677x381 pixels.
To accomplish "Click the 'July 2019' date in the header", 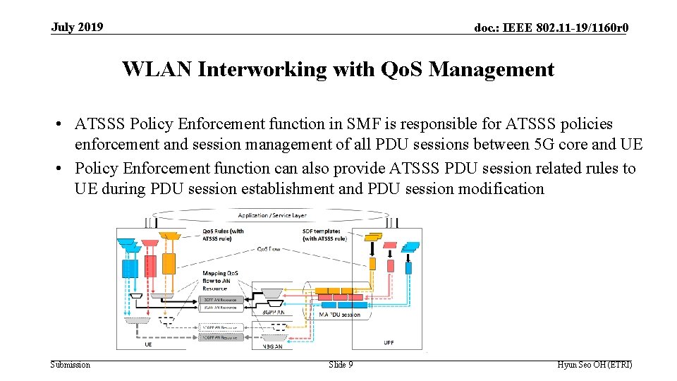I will [77, 28].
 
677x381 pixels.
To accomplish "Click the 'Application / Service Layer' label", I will [272, 215].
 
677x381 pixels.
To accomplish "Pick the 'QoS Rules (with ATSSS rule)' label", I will [224, 235].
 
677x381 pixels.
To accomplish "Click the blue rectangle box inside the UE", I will [130, 269].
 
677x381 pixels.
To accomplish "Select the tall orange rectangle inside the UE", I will [169, 263].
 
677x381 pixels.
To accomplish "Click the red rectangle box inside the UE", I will [150, 266].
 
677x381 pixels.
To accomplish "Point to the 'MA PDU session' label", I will [339, 315].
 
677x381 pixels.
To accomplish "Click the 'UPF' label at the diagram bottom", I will [389, 344].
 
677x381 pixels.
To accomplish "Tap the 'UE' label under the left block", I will [148, 345].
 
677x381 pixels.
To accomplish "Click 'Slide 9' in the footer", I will [341, 365].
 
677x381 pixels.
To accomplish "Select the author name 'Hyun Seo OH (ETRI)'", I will [594, 365].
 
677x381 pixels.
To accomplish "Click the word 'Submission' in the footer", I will [71, 365].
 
